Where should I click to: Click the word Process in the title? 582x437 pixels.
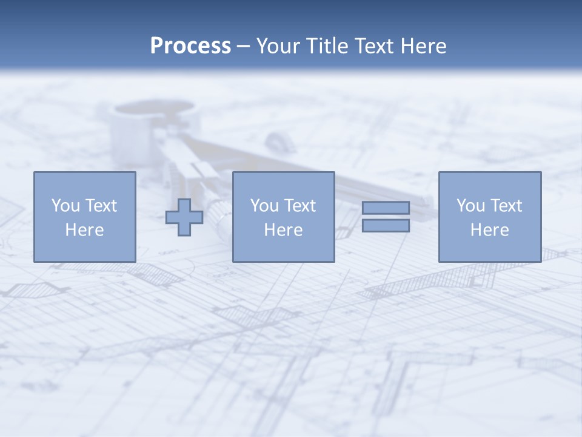[x=190, y=46]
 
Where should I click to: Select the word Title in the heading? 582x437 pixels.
[x=327, y=46]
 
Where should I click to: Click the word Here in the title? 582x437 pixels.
[x=424, y=46]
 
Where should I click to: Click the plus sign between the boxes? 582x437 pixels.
[x=184, y=217]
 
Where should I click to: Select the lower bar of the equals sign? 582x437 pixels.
[x=386, y=226]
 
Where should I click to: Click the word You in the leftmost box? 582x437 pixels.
[x=65, y=206]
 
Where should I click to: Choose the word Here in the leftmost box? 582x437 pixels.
[x=84, y=230]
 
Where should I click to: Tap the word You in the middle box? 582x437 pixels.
[x=264, y=206]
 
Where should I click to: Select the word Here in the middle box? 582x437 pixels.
[x=283, y=230]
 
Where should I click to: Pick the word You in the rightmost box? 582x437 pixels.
[x=470, y=206]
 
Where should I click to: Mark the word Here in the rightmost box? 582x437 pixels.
[x=489, y=230]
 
